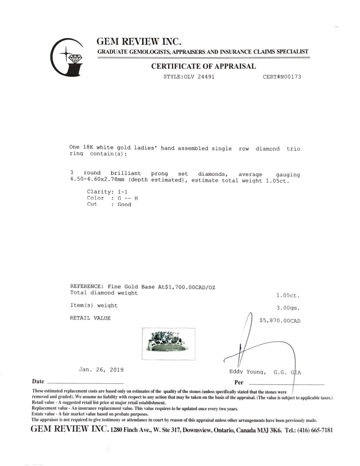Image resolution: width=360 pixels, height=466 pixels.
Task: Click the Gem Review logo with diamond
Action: coord(67,58)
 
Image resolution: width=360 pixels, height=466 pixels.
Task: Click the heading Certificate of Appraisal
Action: coord(203,66)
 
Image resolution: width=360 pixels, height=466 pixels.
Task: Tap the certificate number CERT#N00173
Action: coord(282,77)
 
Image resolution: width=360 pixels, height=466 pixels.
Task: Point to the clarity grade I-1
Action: coord(123,192)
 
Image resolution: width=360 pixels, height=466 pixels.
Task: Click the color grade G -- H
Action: coord(128,198)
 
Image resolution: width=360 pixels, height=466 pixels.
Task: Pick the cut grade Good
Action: coord(124,204)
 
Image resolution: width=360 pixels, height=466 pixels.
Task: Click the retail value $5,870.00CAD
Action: coord(280,321)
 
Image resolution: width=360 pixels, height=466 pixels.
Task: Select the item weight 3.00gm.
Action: coord(288,308)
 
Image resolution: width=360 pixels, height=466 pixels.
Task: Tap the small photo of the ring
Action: coord(169,344)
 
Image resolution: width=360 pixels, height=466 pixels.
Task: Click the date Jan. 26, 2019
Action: coord(101,370)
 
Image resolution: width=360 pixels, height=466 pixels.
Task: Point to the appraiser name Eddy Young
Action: coord(247,372)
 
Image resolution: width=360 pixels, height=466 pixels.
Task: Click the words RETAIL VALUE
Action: coord(90,318)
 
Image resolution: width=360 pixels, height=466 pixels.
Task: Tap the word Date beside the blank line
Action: coord(38,382)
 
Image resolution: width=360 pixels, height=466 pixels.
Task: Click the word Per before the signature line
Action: coord(239,383)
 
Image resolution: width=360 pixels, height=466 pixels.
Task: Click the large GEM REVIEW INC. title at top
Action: coord(139,42)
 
